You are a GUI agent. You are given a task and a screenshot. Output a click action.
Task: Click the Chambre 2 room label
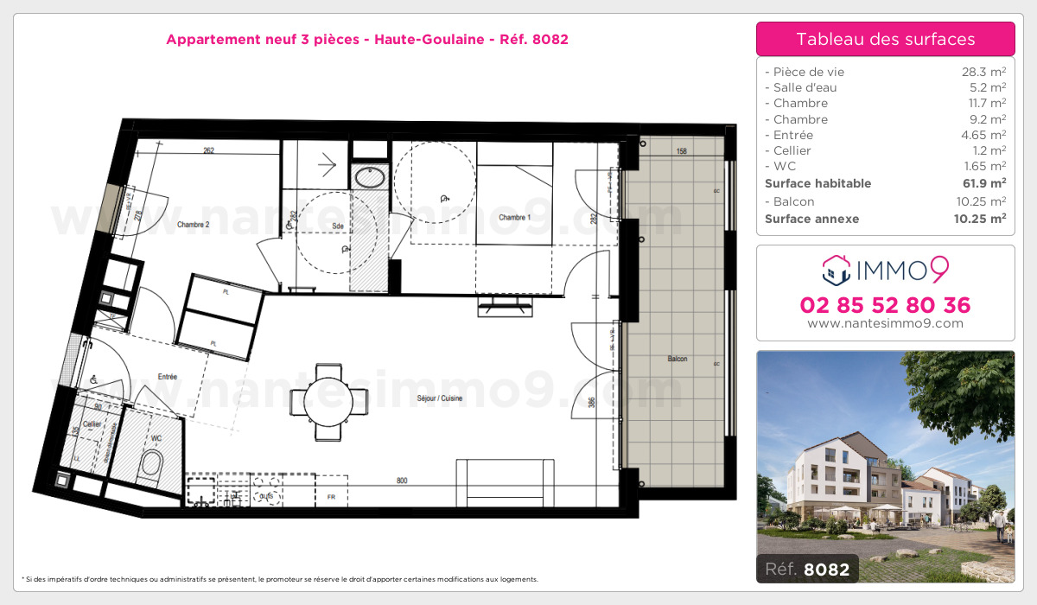point(194,225)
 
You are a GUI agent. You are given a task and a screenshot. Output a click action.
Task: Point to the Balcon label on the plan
point(677,359)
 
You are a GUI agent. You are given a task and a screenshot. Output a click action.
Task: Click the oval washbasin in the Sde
point(371,178)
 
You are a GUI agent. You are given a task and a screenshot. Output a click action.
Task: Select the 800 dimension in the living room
point(402,481)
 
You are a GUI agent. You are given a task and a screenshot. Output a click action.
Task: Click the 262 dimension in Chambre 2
point(208,150)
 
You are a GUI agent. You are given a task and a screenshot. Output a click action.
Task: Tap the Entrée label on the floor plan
point(167,377)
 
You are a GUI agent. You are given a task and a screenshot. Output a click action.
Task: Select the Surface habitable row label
point(818,183)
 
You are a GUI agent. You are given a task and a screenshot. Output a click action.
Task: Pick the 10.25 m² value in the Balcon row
point(983,201)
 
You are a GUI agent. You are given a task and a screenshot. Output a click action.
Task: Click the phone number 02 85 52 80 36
point(885,305)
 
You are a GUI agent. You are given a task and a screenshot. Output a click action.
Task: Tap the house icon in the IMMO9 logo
point(836,270)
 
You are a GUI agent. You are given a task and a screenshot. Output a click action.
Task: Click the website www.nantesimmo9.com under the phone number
point(885,323)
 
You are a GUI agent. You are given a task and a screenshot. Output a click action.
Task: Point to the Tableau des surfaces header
point(885,39)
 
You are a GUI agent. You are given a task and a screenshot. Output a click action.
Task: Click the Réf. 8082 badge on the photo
point(807,569)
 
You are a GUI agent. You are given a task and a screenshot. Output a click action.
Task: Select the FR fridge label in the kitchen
point(331,498)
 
